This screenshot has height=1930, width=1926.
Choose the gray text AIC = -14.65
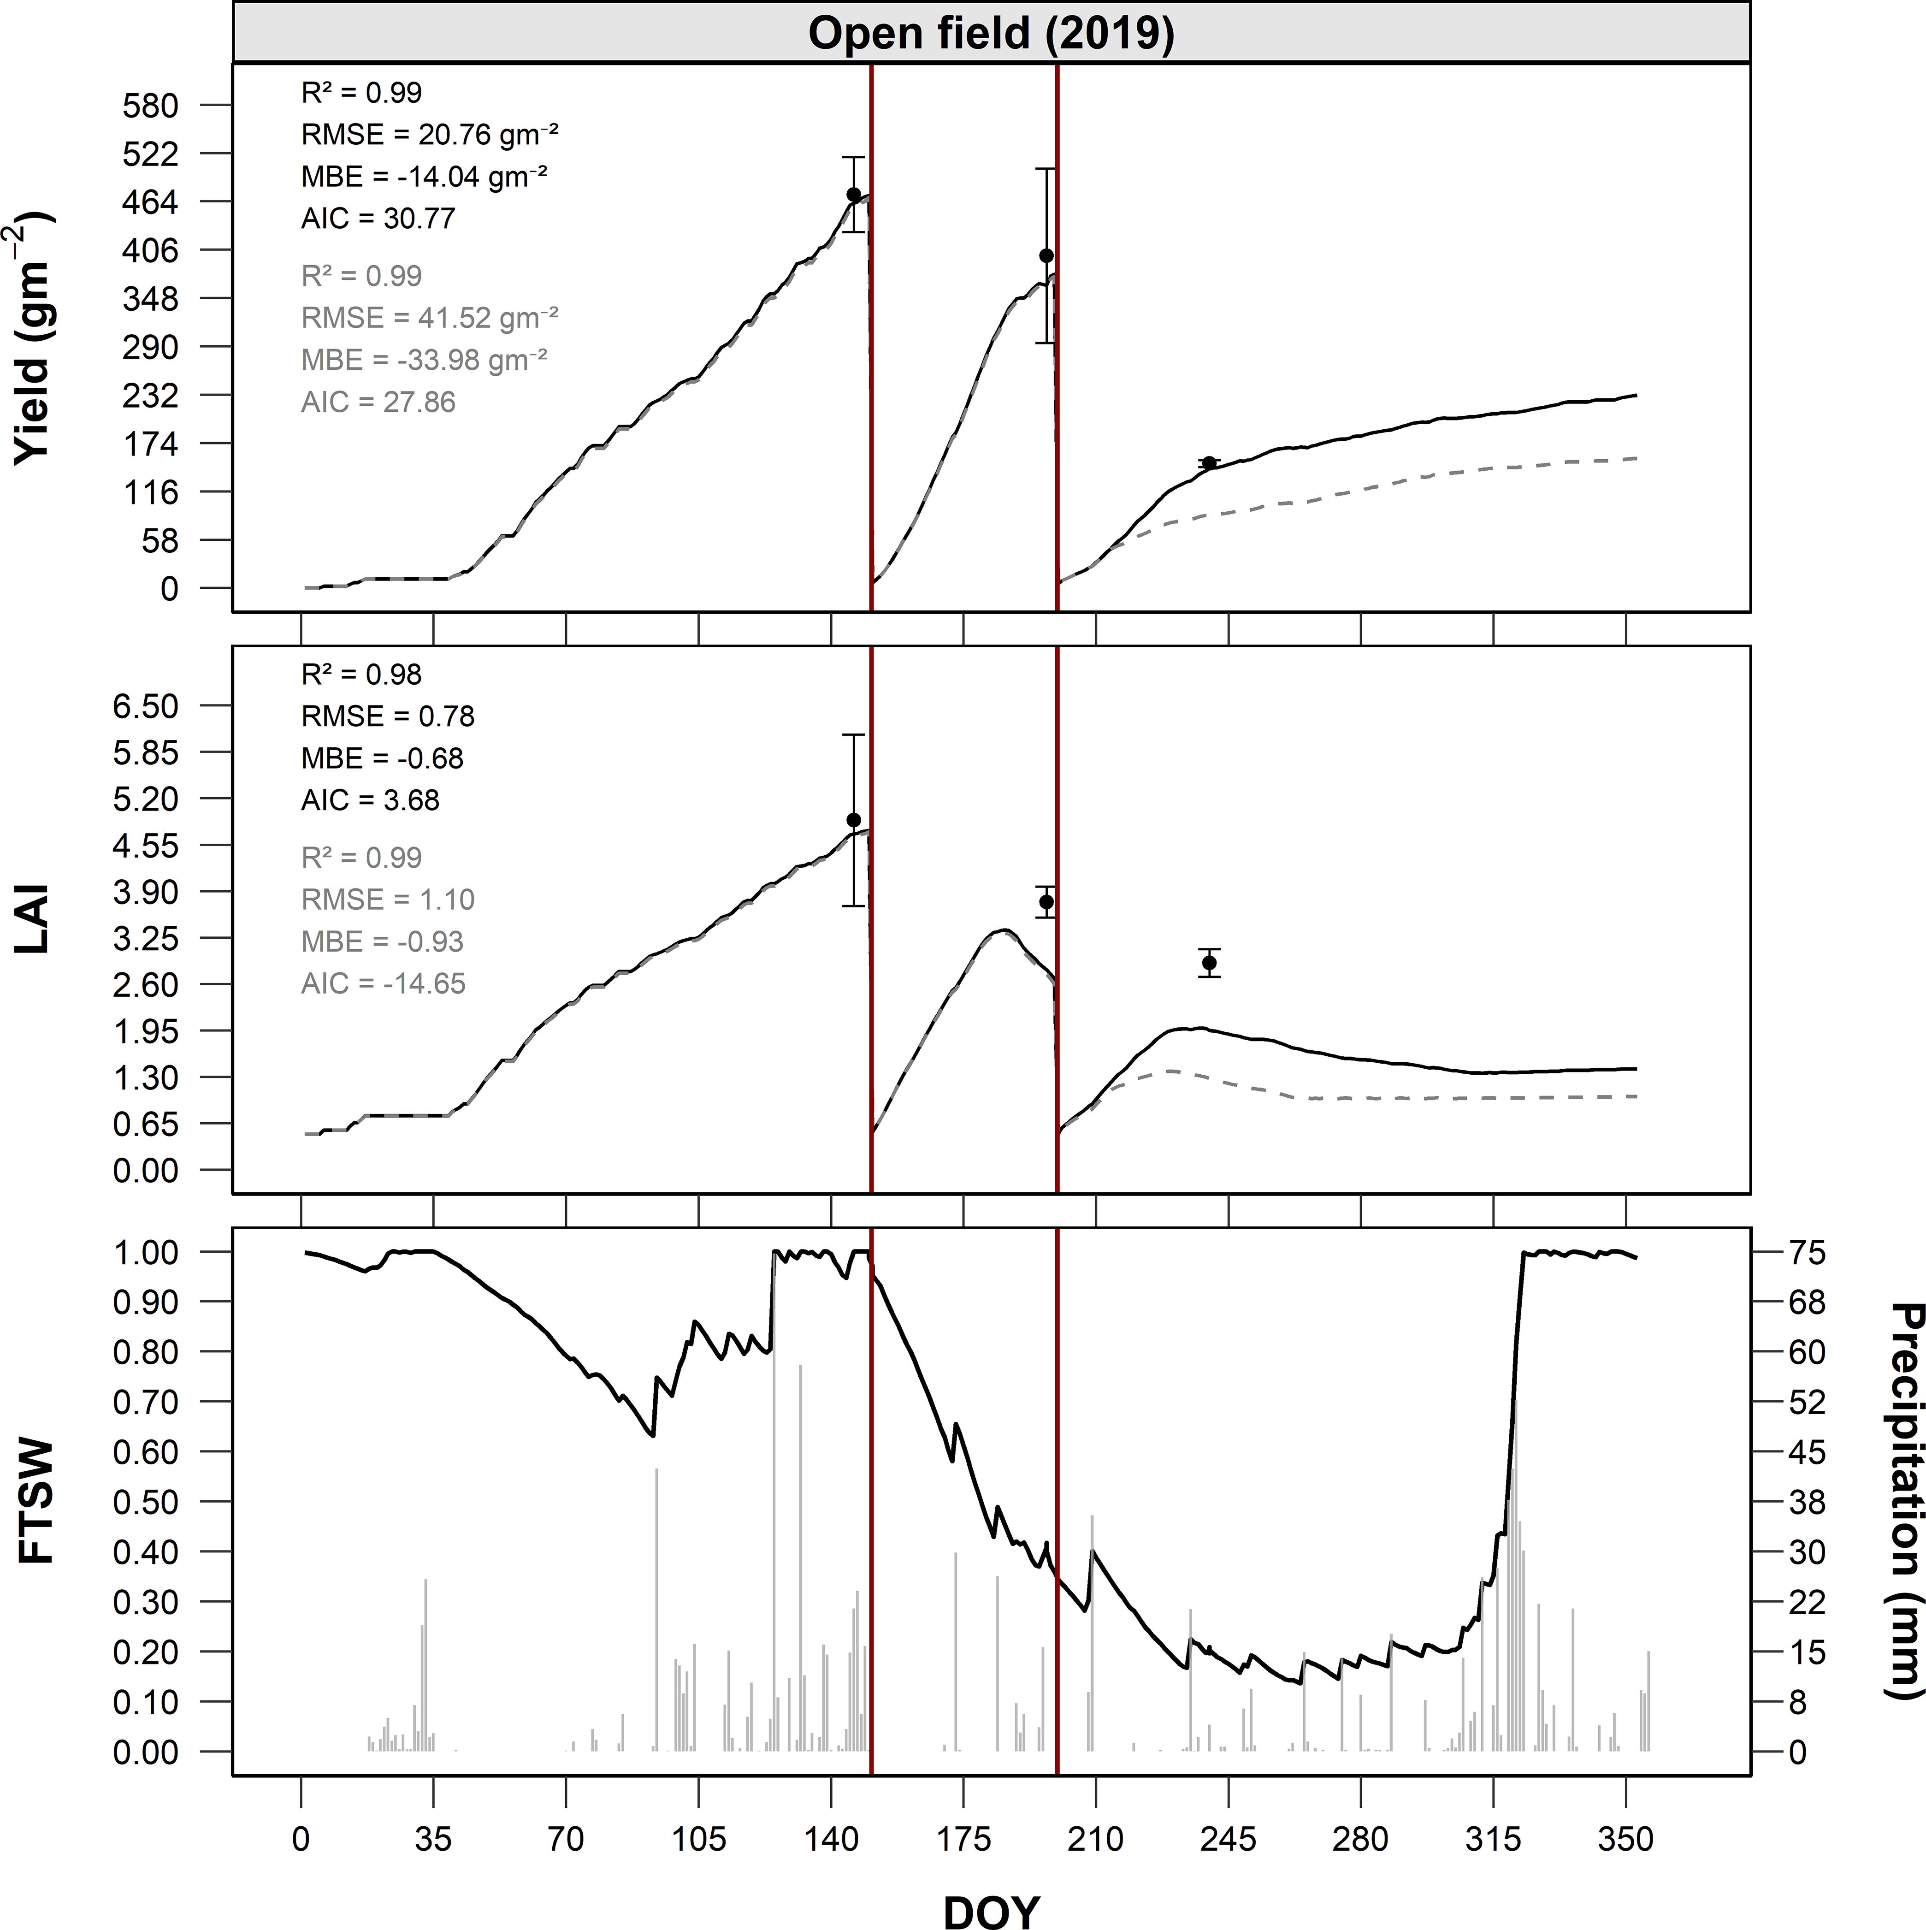coord(384,984)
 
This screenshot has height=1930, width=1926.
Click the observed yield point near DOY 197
coord(1046,256)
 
